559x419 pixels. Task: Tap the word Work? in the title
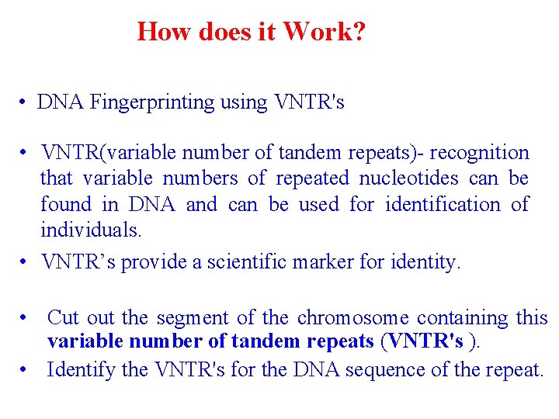coord(325,32)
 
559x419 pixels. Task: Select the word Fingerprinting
coord(179,102)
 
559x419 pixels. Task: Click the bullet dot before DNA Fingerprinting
coord(26,102)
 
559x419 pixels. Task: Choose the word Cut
coord(63,317)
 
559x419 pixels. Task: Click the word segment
coord(186,317)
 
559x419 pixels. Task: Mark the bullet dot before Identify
coord(26,370)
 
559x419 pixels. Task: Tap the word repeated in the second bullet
coord(311,178)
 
